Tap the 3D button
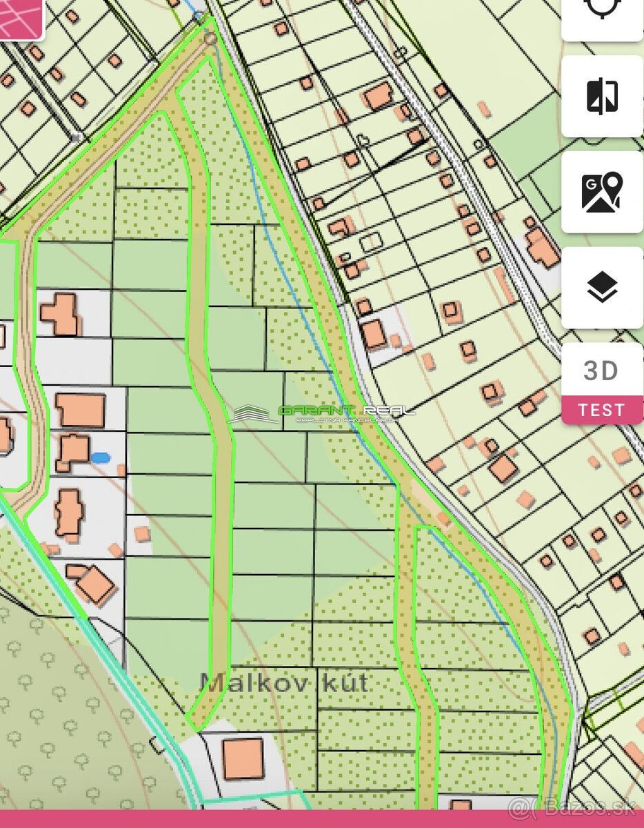[601, 371]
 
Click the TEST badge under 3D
[601, 410]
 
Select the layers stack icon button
[602, 288]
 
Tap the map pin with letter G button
[602, 192]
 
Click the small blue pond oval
[101, 457]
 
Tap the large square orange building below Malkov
[243, 758]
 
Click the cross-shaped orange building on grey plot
[61, 314]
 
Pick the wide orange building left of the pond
[80, 410]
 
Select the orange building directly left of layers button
[542, 247]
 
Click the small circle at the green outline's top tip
[210, 39]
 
